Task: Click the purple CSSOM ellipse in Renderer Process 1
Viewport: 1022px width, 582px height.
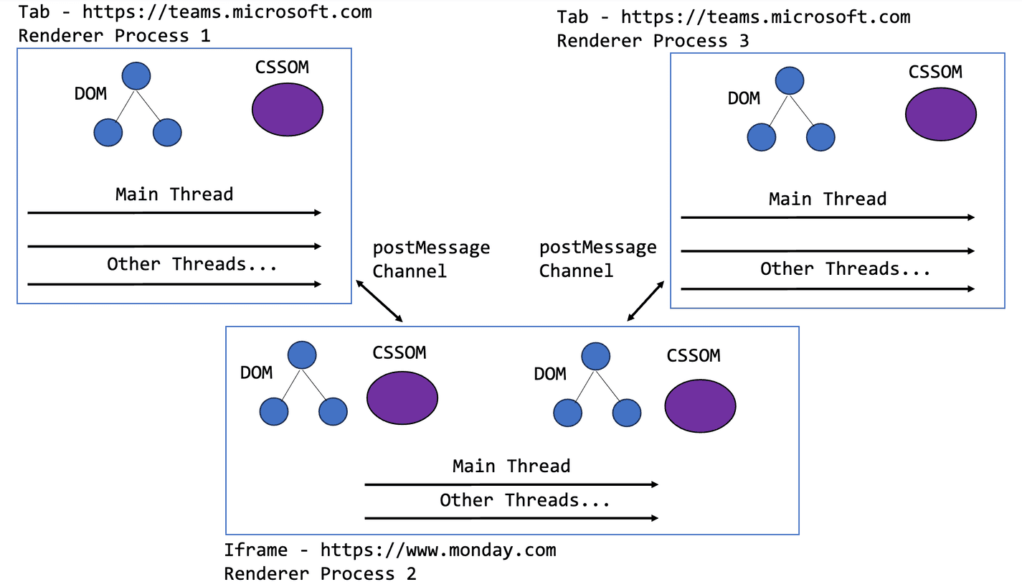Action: click(288, 110)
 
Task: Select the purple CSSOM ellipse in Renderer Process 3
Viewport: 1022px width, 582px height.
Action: click(941, 114)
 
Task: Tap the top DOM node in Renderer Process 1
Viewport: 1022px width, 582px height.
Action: click(136, 77)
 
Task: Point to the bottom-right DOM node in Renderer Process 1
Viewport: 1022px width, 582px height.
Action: click(167, 133)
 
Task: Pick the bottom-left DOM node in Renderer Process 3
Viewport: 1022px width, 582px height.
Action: click(762, 137)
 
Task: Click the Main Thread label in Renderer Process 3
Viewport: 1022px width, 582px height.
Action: click(827, 199)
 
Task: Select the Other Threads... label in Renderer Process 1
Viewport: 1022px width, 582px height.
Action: click(191, 264)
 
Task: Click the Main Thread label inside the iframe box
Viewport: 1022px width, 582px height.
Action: click(511, 466)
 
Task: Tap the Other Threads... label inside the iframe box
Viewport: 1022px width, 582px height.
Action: click(524, 500)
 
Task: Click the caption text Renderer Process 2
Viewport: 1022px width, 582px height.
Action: click(320, 573)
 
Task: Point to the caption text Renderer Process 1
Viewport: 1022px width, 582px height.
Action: click(114, 35)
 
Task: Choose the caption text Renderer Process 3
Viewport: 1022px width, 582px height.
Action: click(653, 40)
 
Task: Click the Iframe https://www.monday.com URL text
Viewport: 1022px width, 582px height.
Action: click(389, 550)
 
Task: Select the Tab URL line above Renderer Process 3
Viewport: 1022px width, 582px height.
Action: click(733, 17)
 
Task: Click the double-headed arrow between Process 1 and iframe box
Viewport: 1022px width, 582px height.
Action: click(378, 301)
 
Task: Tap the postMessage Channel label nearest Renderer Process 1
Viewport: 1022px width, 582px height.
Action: click(430, 259)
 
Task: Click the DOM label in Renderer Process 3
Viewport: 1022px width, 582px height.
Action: click(744, 98)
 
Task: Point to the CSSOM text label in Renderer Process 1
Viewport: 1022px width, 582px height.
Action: click(282, 67)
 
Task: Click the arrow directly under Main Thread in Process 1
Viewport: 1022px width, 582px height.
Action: click(174, 212)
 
